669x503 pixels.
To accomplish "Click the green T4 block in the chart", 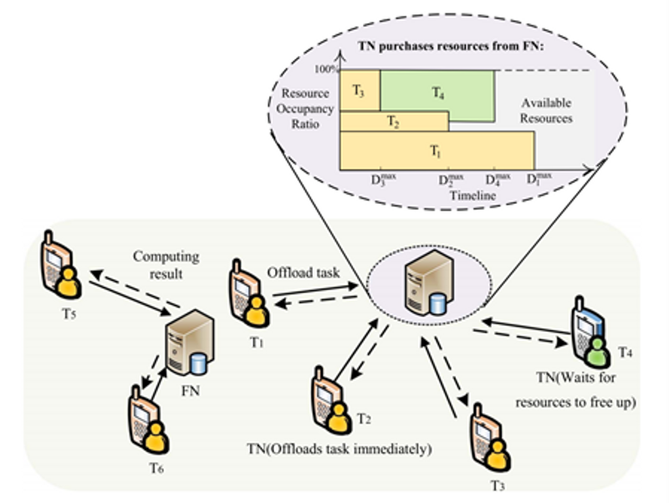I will click(437, 95).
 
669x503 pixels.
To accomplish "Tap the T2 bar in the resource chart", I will click(393, 123).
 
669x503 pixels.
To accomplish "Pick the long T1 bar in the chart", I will click(436, 151).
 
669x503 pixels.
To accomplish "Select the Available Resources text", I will click(547, 110).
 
